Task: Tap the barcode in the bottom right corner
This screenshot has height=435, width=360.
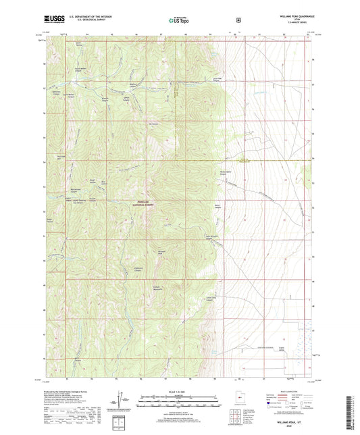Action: point(349,413)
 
